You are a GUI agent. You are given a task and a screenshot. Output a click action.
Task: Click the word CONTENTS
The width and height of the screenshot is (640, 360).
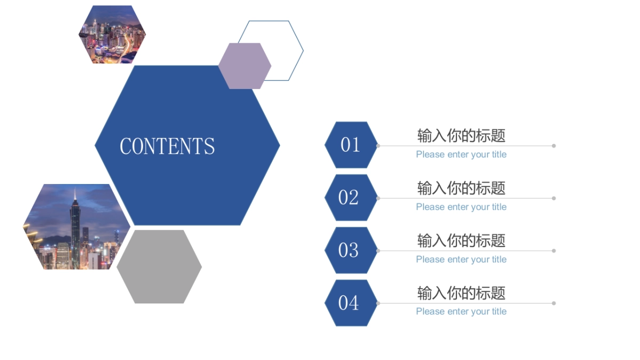(167, 146)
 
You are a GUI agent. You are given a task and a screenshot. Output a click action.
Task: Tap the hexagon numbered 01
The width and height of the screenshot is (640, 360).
(351, 145)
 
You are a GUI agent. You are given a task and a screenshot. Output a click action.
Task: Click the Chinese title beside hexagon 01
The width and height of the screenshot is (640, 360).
(461, 135)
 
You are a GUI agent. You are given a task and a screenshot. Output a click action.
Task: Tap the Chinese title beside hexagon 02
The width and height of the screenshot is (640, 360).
(461, 188)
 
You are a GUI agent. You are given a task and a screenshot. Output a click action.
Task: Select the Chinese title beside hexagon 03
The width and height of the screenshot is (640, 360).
(461, 241)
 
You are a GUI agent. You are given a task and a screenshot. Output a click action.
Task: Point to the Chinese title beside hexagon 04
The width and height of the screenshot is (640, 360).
(461, 293)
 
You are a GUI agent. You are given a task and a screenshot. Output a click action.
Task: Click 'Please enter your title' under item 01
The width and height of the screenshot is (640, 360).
(461, 155)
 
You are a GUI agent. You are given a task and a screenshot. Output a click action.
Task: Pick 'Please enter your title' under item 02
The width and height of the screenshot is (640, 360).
(461, 207)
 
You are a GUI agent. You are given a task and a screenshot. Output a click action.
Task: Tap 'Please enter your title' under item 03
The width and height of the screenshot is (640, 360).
(461, 259)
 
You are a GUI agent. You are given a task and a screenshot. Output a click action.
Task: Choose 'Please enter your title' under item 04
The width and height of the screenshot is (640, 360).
(461, 311)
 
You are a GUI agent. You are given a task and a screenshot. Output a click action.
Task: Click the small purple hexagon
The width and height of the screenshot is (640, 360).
(244, 66)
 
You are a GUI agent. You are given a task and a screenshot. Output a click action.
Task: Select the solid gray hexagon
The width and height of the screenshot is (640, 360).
(159, 267)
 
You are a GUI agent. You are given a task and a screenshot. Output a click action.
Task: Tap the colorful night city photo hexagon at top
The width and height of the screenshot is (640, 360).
(112, 35)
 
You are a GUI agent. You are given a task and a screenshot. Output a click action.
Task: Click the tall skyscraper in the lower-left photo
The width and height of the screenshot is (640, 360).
(75, 229)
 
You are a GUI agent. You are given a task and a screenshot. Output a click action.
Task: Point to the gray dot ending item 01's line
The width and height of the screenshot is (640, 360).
(554, 146)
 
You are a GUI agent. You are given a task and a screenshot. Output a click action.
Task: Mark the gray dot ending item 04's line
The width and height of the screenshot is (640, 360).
(554, 303)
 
